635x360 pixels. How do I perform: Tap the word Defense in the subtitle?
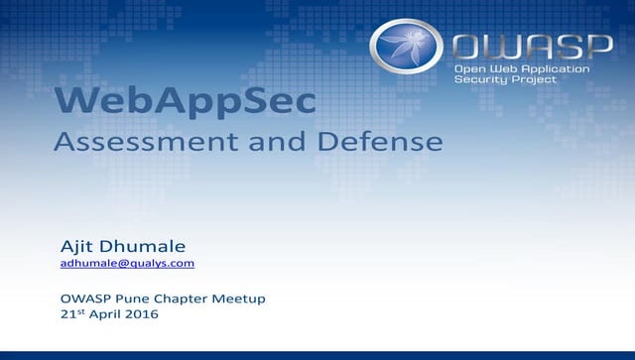coord(379,142)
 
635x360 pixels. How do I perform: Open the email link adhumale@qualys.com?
coord(127,264)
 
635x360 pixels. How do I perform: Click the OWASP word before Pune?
coord(84,299)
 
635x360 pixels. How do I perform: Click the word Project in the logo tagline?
coord(533,79)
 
